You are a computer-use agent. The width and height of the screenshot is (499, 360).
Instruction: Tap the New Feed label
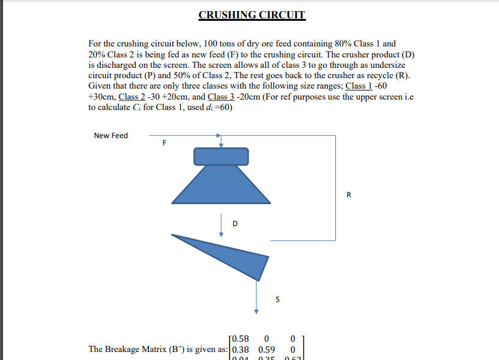pyautogui.click(x=111, y=136)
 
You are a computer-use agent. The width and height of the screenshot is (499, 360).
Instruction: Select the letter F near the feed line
pyautogui.click(x=164, y=144)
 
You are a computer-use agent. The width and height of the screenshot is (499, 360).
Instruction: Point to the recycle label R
pyautogui.click(x=349, y=196)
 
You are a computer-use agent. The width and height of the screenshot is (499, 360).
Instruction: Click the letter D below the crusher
pyautogui.click(x=234, y=223)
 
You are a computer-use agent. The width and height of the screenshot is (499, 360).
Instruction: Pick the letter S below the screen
pyautogui.click(x=278, y=299)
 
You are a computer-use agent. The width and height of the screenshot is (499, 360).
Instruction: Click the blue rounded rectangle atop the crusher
pyautogui.click(x=221, y=156)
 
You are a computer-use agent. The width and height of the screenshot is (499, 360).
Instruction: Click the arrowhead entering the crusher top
pyautogui.click(x=222, y=144)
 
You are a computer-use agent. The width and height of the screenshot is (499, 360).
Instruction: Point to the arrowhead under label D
pyautogui.click(x=222, y=233)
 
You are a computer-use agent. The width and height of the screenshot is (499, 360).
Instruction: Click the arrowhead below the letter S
pyautogui.click(x=257, y=311)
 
